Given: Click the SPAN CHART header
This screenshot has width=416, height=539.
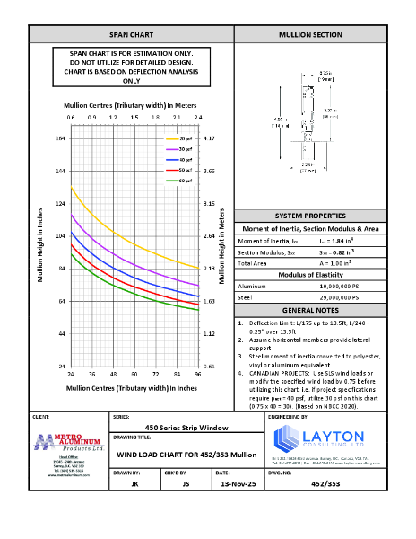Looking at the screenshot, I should coord(131,34).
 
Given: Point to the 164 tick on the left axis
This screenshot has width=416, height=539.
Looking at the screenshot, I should coord(60,138).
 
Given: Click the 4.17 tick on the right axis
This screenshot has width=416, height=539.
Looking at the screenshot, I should coord(208,138).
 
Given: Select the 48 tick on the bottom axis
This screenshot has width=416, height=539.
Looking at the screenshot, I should coord(113,373).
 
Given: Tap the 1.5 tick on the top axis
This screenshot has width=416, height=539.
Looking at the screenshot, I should coord(134,118).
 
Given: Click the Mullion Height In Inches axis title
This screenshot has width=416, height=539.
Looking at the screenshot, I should coord(40,243).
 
